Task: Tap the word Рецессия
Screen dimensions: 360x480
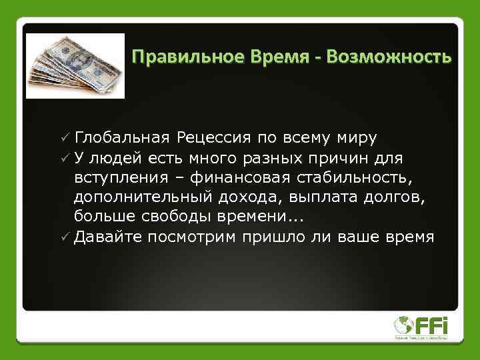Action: pyautogui.click(x=213, y=138)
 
